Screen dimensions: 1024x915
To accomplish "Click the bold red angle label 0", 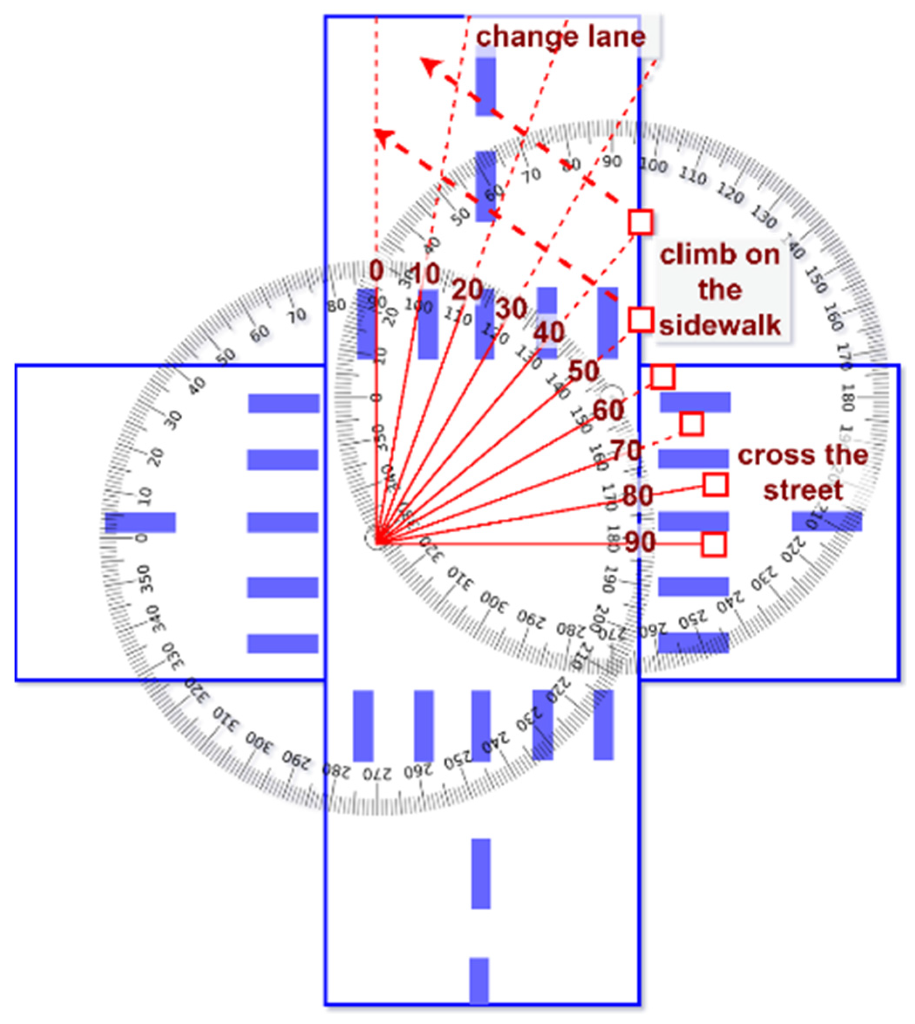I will pyautogui.click(x=376, y=272).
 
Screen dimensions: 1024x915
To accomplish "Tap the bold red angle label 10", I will pyautogui.click(x=425, y=275).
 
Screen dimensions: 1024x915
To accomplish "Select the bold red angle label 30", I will pyautogui.click(x=511, y=308).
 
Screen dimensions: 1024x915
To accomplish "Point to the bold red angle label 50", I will pyautogui.click(x=584, y=372).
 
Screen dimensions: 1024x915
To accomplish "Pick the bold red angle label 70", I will pyautogui.click(x=626, y=450).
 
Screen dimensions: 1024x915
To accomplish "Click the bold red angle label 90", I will pyautogui.click(x=640, y=542).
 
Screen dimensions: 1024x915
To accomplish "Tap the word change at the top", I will pyautogui.click(x=527, y=37).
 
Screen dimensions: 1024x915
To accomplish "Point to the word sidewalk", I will pyautogui.click(x=720, y=325).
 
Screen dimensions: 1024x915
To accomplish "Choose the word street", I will pyautogui.click(x=803, y=490).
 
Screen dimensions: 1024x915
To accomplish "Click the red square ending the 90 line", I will pyautogui.click(x=714, y=545).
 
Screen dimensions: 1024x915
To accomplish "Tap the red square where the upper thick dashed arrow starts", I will pyautogui.click(x=640, y=222).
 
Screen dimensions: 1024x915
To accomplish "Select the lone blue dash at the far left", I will pyautogui.click(x=140, y=522).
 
